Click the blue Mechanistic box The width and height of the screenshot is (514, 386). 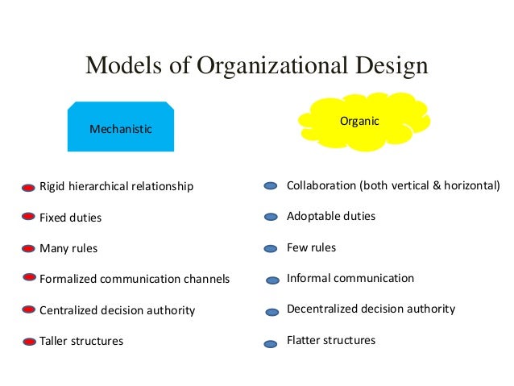[x=121, y=127]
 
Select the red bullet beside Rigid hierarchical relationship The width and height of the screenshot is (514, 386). [x=29, y=187]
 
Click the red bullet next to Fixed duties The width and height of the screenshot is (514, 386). [x=29, y=218]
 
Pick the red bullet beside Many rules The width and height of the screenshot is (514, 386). [x=29, y=248]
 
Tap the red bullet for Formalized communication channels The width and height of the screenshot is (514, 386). [x=29, y=280]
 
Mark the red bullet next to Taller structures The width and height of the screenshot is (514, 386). [x=29, y=342]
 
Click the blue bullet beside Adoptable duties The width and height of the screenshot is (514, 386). [x=272, y=218]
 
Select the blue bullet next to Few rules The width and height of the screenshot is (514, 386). [x=272, y=248]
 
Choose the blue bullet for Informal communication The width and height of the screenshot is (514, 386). [x=272, y=280]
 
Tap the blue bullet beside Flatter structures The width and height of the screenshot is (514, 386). [x=272, y=342]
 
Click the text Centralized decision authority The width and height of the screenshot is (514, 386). [x=118, y=310]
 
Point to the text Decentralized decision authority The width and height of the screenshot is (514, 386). [x=371, y=309]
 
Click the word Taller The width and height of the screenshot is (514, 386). [x=55, y=341]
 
